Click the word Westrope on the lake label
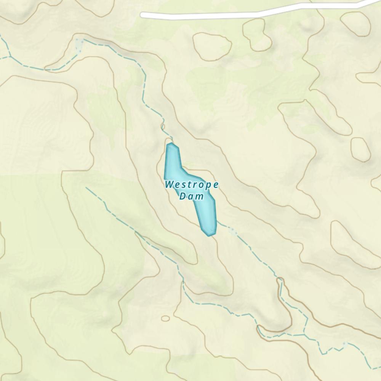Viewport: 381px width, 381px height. (192, 185)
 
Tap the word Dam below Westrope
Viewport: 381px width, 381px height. (192, 197)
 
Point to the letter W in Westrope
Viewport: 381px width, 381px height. (169, 185)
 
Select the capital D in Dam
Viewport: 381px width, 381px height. (182, 197)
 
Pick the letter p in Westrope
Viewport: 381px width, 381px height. (208, 186)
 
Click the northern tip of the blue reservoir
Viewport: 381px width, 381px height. (171, 144)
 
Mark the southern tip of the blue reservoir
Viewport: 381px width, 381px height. (209, 235)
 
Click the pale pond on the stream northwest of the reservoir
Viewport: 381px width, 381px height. (79, 45)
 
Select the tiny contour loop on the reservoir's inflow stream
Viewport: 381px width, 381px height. (163, 126)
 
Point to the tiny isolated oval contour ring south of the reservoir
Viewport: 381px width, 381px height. (165, 318)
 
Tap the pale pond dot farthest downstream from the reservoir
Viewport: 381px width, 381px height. (344, 344)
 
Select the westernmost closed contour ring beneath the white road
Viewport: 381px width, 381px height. (212, 46)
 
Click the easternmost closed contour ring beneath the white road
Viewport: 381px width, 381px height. (355, 23)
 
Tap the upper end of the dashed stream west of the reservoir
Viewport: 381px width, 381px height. (87, 187)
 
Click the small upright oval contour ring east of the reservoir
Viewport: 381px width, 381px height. (360, 149)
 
